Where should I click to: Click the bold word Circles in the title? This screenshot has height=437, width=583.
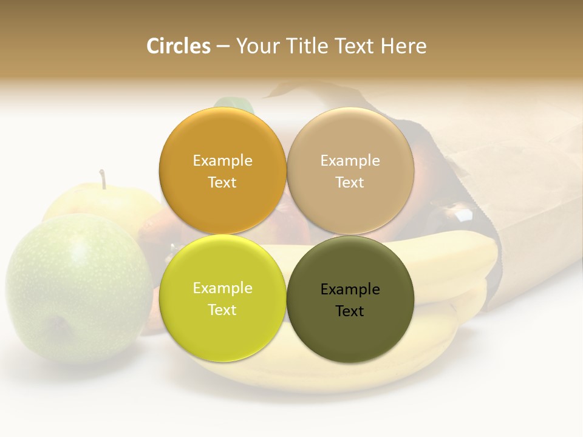[x=179, y=46]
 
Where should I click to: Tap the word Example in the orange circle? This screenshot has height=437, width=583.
[x=222, y=161]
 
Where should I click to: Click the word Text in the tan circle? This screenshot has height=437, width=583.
[x=350, y=183]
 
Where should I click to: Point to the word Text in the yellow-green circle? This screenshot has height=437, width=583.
[x=222, y=310]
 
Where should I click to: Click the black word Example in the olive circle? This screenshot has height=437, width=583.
[x=350, y=290]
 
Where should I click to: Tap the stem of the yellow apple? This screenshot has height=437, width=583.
[x=103, y=179]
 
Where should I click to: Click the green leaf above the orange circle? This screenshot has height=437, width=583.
[x=234, y=104]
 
